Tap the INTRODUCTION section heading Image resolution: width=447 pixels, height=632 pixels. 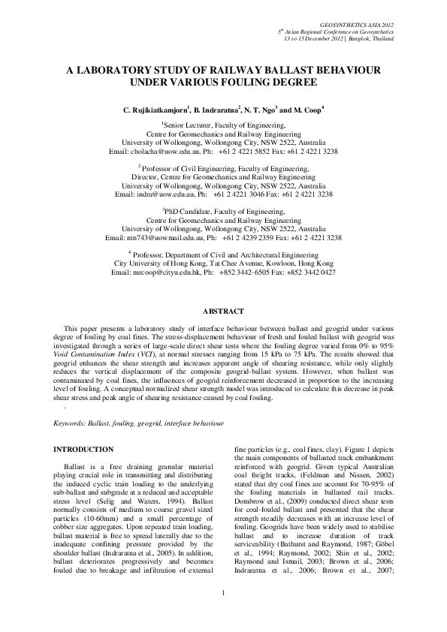click(83, 449)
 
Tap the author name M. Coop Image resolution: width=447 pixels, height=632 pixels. click(307, 110)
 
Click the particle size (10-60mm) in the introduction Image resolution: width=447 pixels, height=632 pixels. click(97, 516)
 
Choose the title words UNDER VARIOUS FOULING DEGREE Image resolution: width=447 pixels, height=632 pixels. click(223, 81)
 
